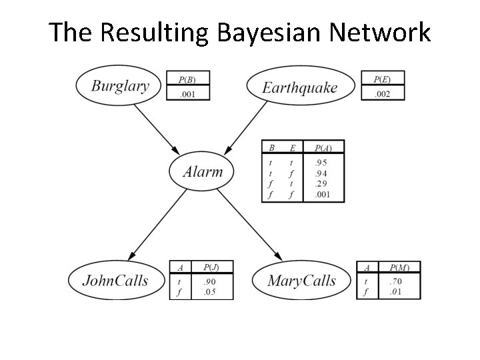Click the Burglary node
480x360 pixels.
[x=120, y=85]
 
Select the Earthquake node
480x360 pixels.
[x=300, y=87]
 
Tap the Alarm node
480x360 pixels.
[x=203, y=172]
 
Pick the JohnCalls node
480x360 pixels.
[x=115, y=280]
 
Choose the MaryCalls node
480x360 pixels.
[x=301, y=281]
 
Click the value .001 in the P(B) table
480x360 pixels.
[x=187, y=94]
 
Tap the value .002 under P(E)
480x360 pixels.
[x=382, y=94]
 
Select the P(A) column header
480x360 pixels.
[x=323, y=147]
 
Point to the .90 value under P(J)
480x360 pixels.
[x=209, y=281]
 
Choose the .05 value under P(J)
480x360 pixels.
[x=209, y=292]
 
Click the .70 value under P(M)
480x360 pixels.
[x=396, y=281]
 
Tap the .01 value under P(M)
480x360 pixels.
[x=396, y=292]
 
